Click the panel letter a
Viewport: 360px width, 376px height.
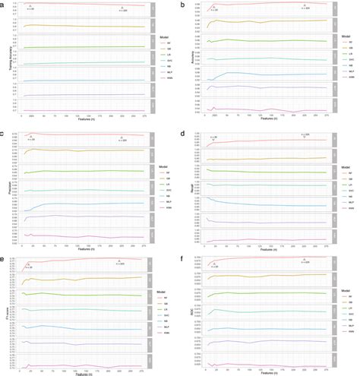(3, 4)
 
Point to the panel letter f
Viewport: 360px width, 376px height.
(183, 258)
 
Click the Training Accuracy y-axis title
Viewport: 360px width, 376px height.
(5, 60)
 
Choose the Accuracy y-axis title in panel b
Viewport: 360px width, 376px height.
(185, 60)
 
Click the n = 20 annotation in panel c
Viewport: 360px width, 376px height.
(31, 139)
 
